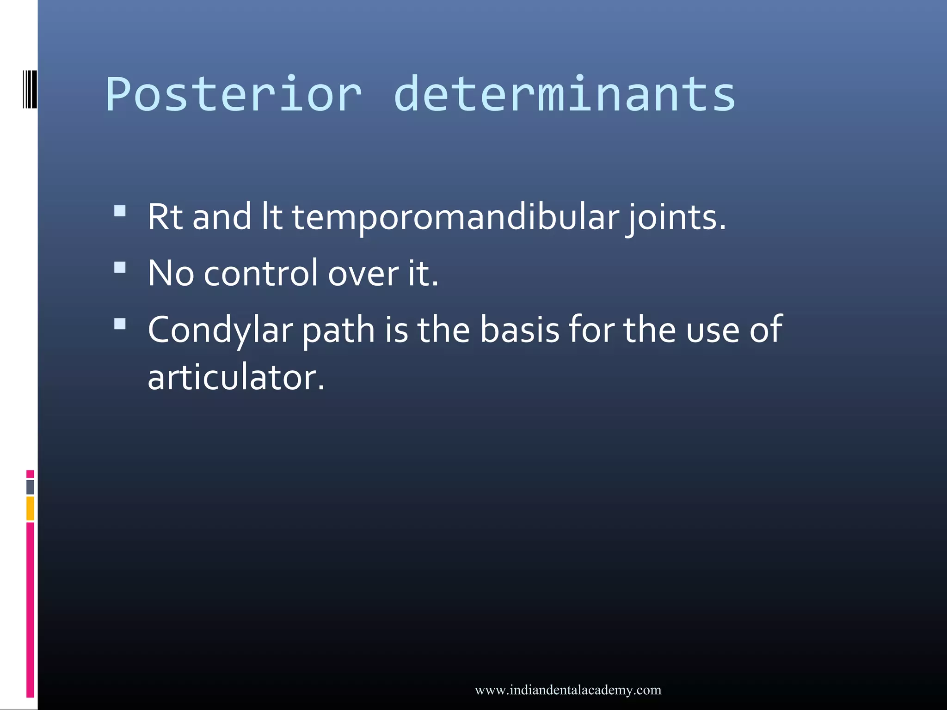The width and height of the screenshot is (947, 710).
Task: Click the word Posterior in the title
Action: point(234,95)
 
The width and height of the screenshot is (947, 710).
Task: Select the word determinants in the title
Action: point(564,95)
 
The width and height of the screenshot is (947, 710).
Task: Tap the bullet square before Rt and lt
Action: point(120,211)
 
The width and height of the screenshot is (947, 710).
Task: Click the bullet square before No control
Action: point(120,268)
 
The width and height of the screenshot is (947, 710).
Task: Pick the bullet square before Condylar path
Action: point(120,324)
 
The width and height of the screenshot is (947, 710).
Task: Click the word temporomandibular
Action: point(455,217)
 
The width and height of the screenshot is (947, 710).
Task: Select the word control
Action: point(261,274)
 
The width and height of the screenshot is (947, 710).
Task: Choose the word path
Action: point(338,331)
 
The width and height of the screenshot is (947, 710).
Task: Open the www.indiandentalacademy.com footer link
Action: point(568,690)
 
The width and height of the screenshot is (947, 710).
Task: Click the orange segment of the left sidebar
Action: point(30,508)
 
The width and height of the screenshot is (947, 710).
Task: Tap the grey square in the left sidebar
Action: point(30,487)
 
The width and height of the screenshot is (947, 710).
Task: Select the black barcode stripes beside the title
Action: point(30,89)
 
